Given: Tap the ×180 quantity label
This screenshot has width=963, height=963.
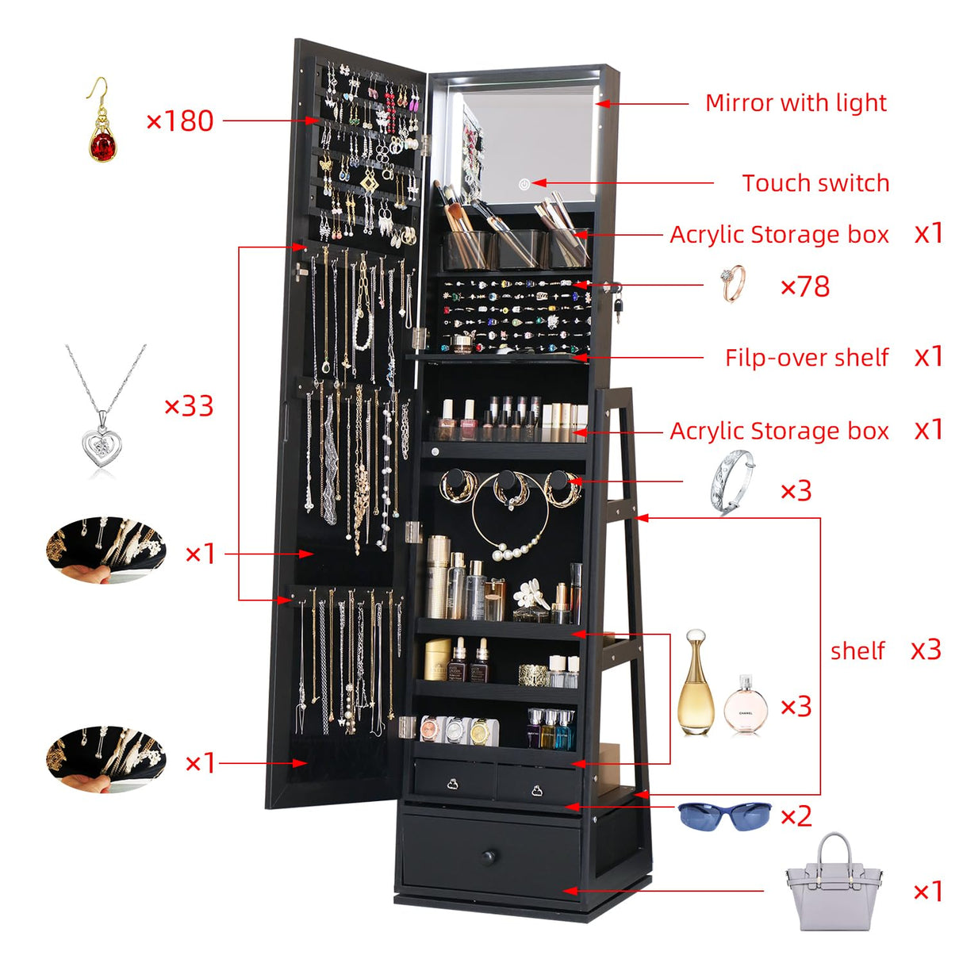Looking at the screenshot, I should (180, 121).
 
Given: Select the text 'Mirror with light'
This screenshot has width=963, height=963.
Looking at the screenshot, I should (796, 103).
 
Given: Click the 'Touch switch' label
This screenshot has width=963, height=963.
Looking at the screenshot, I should (815, 183).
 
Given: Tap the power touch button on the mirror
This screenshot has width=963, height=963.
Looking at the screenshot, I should (524, 185).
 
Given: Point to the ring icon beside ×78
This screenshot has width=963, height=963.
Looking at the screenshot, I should (734, 283).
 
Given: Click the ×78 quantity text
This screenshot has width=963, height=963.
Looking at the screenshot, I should (805, 286).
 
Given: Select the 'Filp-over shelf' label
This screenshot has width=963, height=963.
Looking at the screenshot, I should (806, 358).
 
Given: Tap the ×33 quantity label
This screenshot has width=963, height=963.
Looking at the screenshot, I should (189, 406).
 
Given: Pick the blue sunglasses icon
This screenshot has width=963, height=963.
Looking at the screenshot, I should (724, 815).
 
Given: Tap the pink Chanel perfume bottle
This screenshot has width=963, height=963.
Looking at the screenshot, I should (746, 705).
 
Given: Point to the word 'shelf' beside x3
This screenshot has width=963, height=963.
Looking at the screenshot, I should (857, 651).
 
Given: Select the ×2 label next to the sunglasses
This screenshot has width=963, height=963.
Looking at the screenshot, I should (796, 815).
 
